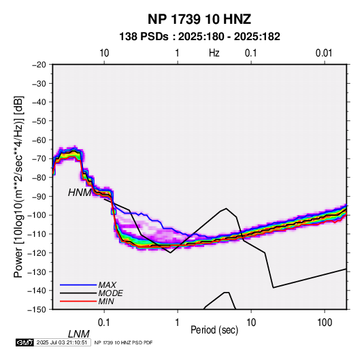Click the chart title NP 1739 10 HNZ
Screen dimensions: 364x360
[x=199, y=19]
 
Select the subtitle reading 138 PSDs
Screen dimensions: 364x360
[x=144, y=37]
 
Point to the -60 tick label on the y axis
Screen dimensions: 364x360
[x=39, y=140]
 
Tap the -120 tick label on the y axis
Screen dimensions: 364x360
[x=37, y=252]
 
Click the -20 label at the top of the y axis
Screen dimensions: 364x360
[x=39, y=65]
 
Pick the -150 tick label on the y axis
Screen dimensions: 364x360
[x=37, y=310]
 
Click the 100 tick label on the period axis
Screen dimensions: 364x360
[x=325, y=323]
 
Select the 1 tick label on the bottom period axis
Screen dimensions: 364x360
[x=178, y=323]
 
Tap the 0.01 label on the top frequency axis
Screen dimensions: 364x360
[x=324, y=53]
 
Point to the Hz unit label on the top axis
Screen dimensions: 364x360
[x=214, y=53]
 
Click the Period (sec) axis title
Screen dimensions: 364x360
[x=214, y=330]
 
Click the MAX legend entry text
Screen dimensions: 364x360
[x=107, y=285]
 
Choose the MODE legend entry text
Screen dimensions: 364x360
[x=110, y=293]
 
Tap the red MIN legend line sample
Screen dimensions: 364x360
[x=78, y=301]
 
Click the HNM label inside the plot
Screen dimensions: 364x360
[x=80, y=193]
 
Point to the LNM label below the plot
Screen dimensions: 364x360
[x=79, y=334]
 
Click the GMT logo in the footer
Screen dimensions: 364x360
[x=24, y=342]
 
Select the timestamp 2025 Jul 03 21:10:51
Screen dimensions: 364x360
[x=62, y=342]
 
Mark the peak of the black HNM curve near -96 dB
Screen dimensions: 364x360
[x=226, y=208]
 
